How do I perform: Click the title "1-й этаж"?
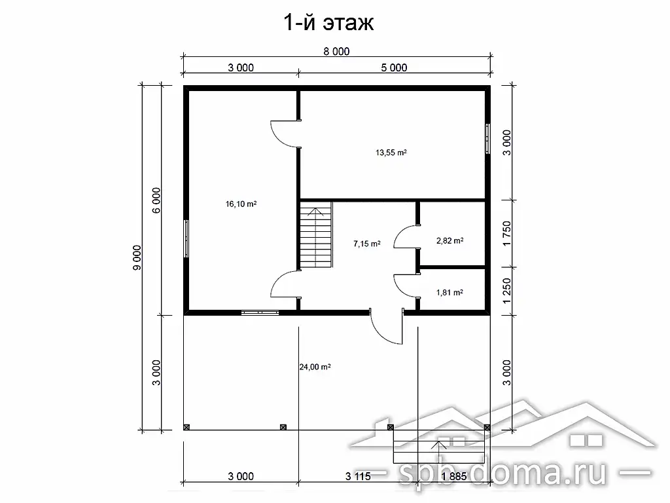[328, 22]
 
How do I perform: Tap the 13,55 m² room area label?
[391, 152]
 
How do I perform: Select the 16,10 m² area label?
[241, 204]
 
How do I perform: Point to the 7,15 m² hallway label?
[366, 244]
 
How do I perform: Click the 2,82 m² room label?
[450, 241]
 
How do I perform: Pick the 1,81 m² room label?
[450, 293]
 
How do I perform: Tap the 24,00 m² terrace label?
[315, 367]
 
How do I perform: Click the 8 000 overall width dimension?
[336, 51]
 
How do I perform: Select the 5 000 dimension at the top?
[394, 67]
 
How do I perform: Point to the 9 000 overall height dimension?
[137, 257]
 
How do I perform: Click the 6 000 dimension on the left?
[156, 200]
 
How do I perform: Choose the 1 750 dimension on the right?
[507, 234]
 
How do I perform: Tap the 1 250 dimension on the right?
[507, 291]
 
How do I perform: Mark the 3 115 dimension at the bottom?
[358, 476]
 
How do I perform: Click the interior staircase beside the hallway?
[316, 235]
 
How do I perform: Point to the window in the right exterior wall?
[487, 139]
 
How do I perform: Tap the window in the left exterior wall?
[186, 238]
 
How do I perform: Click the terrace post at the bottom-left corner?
[186, 427]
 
